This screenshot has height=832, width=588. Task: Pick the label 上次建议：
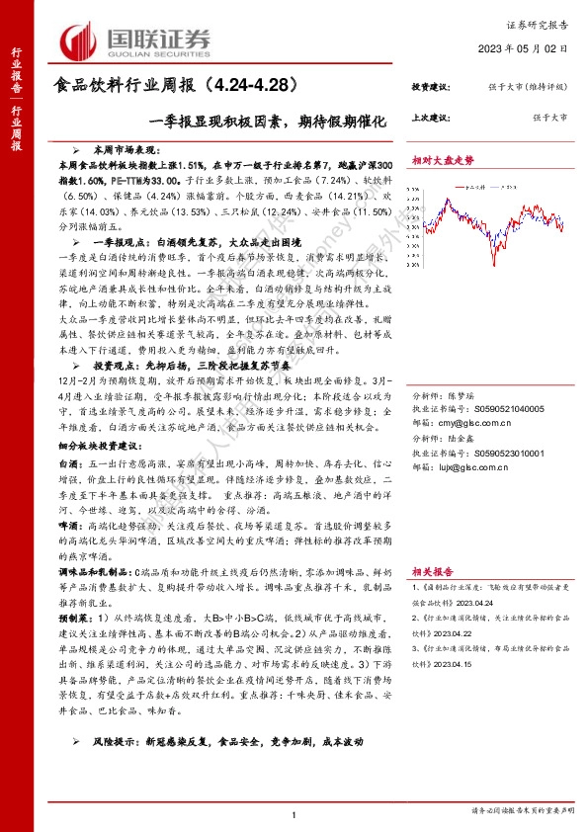pyautogui.click(x=433, y=118)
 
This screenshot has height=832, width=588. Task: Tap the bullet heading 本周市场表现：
pyautogui.click(x=111, y=143)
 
